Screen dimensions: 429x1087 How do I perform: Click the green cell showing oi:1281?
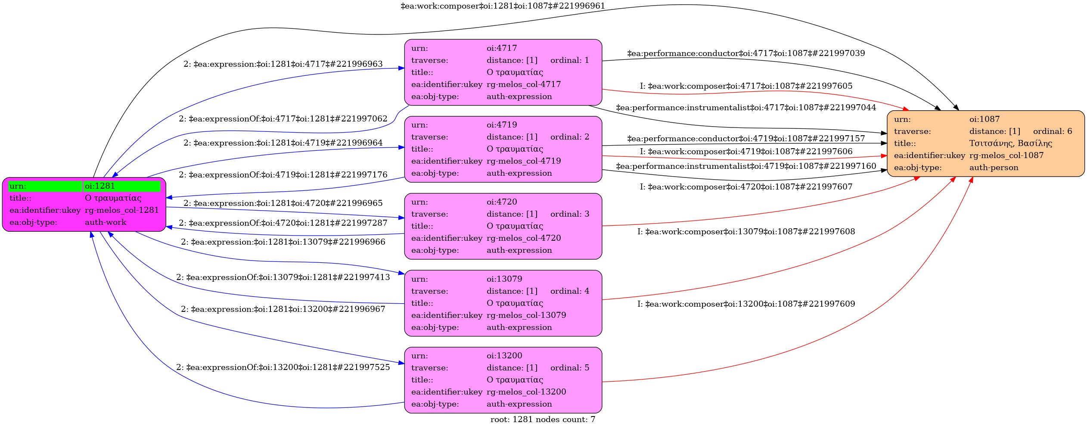(x=121, y=186)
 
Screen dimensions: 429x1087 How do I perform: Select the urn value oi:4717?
(x=502, y=48)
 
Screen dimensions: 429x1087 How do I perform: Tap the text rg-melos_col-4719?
(x=524, y=161)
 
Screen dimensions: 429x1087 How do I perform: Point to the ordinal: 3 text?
(x=570, y=214)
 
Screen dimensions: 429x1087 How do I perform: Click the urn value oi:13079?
(x=504, y=279)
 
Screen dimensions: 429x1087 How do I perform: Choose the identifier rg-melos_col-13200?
(x=526, y=392)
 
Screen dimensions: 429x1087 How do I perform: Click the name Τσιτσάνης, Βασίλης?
(x=1011, y=143)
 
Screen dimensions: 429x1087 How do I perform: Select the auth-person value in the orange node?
(x=994, y=168)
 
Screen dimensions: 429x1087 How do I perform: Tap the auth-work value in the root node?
(x=106, y=222)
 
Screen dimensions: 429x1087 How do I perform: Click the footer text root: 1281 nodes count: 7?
(x=543, y=420)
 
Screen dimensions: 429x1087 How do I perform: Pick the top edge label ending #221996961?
(x=503, y=6)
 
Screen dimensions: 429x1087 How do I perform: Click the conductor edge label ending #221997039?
(x=746, y=53)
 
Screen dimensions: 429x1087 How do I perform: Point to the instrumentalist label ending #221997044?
(x=746, y=108)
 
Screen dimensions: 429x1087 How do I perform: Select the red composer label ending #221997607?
(x=746, y=187)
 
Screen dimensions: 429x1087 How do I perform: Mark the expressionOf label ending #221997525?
(x=283, y=367)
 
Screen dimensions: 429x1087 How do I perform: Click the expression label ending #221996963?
(x=283, y=64)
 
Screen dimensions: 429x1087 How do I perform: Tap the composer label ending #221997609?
(x=746, y=304)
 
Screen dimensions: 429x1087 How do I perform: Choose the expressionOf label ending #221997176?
(x=283, y=175)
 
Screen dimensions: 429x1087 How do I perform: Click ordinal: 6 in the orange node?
(x=1053, y=131)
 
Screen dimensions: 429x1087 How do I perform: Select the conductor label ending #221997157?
(x=746, y=139)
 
